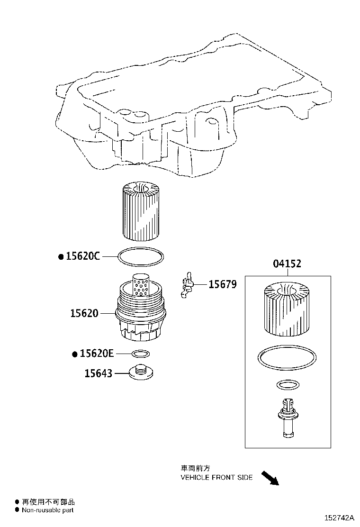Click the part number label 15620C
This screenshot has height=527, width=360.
[83, 256]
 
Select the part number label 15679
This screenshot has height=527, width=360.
[223, 284]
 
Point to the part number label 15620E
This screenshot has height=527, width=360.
[97, 354]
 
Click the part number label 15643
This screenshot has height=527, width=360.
[99, 373]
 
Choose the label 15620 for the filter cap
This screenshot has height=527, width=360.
[84, 313]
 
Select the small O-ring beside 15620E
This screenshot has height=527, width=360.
[141, 354]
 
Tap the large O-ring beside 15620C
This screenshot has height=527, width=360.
[141, 256]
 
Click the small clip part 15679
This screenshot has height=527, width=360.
[187, 286]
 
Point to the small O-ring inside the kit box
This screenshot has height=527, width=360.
[286, 385]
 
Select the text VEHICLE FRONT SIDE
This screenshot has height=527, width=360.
[216, 478]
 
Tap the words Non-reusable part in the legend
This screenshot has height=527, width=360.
[48, 510]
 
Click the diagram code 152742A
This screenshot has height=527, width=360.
[339, 518]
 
